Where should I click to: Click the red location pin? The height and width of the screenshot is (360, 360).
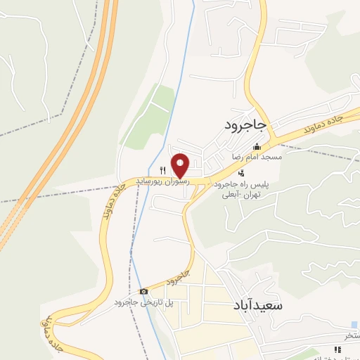(181, 165)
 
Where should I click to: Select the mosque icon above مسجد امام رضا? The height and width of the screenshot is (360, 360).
(257, 147)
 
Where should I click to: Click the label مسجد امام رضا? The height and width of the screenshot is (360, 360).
(258, 157)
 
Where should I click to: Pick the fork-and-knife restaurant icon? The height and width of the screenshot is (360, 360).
(163, 169)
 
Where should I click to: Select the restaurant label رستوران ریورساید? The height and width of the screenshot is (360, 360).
(162, 180)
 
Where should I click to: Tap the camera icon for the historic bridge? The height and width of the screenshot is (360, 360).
(143, 291)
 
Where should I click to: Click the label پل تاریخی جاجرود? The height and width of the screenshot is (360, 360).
(144, 302)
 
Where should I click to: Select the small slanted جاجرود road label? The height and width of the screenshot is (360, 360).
(180, 276)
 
